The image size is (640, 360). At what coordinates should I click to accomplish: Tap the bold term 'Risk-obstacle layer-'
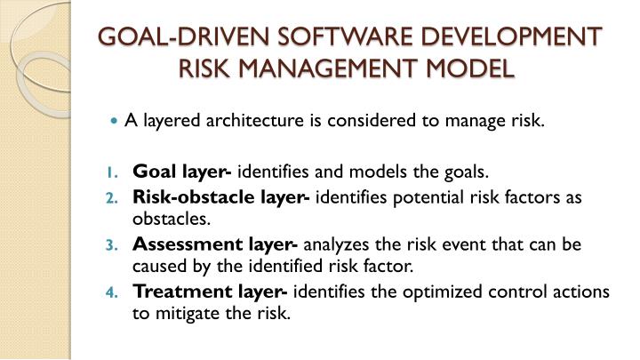click(220, 197)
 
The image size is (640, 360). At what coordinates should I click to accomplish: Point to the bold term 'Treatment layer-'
click(211, 291)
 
